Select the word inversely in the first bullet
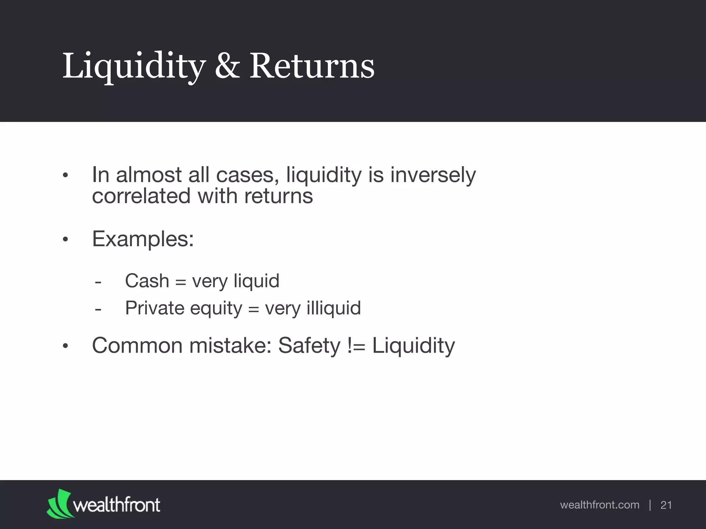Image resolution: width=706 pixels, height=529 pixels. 433,175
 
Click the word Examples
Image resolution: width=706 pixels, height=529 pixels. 143,239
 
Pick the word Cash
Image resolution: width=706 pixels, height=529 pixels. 147,281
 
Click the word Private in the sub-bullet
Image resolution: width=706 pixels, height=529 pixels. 155,308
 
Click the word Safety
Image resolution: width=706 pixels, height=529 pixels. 309,345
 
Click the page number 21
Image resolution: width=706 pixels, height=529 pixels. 666,505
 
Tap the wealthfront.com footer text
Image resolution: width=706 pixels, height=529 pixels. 599,505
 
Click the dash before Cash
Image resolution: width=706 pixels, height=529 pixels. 98,282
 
